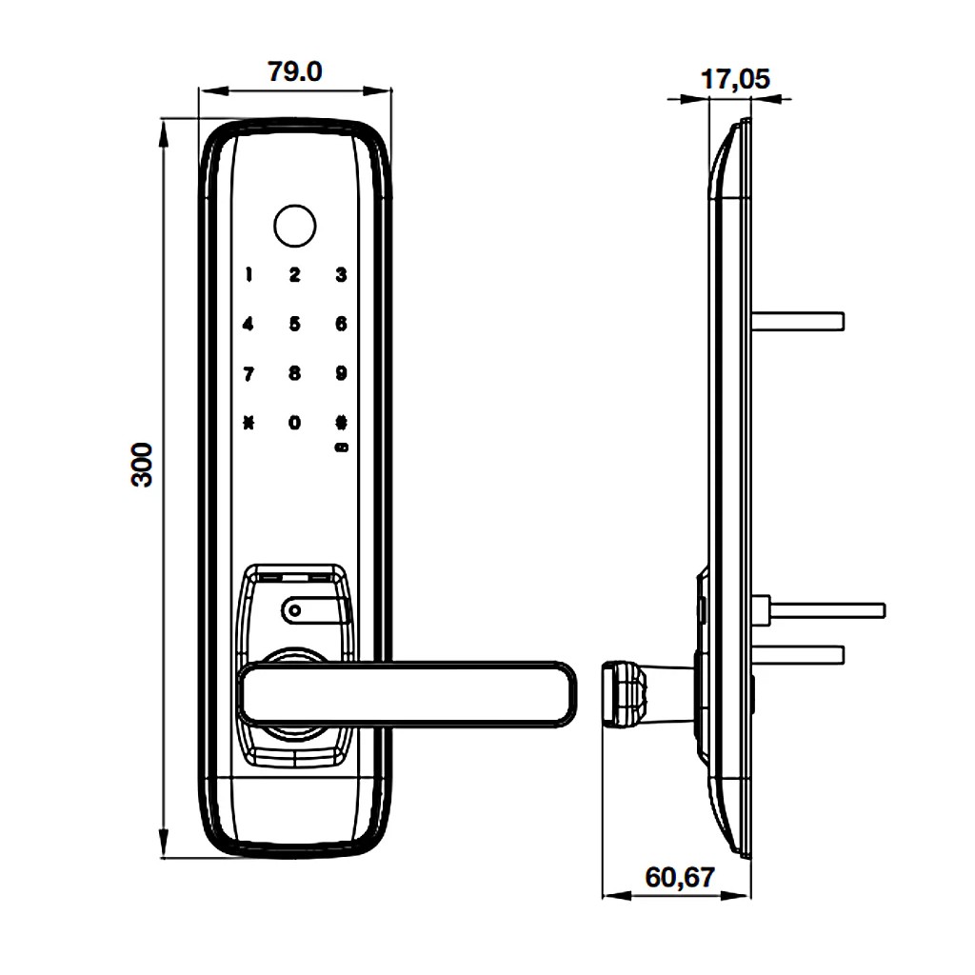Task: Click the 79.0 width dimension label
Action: coord(294,72)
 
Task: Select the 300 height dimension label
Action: coord(143,465)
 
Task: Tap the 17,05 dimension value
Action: coord(735,79)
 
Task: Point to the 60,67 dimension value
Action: coord(679,876)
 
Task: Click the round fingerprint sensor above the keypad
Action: coord(293,225)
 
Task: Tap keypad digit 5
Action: coord(294,324)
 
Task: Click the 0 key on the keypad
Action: coord(294,422)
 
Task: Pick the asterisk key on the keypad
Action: coord(249,422)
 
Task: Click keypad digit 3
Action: coord(341,275)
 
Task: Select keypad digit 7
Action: coord(249,373)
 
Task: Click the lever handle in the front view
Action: coord(409,693)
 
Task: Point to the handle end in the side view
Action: coord(624,694)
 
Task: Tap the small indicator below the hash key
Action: coord(341,446)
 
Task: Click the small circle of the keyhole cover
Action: coord(295,610)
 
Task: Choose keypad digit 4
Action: coord(249,324)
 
